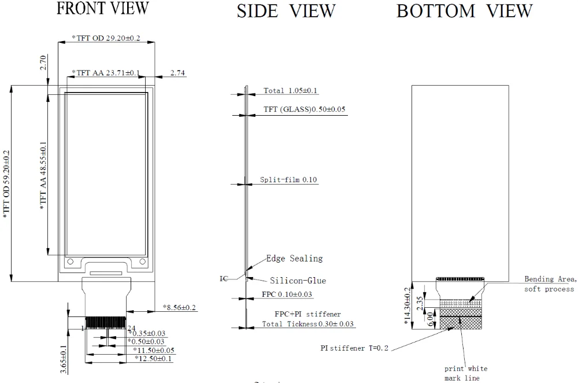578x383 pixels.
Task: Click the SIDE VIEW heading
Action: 286,10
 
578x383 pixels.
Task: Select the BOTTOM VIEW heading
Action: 464,10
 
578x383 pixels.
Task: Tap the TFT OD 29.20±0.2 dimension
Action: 106,38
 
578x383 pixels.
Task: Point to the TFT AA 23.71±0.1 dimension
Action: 105,73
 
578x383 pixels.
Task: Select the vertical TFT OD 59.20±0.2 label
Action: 6,183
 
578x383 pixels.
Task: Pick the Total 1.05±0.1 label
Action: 291,91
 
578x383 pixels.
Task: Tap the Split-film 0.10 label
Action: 288,180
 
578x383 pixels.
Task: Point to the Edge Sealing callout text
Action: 294,259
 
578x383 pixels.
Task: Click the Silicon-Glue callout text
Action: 298,281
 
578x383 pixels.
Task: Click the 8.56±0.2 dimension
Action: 179,307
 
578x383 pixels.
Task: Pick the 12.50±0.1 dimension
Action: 154,359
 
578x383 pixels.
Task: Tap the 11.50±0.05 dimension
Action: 154,351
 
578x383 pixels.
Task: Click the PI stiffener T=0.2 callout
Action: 354,348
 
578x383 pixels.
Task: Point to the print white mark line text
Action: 466,373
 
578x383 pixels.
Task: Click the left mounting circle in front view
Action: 71,262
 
